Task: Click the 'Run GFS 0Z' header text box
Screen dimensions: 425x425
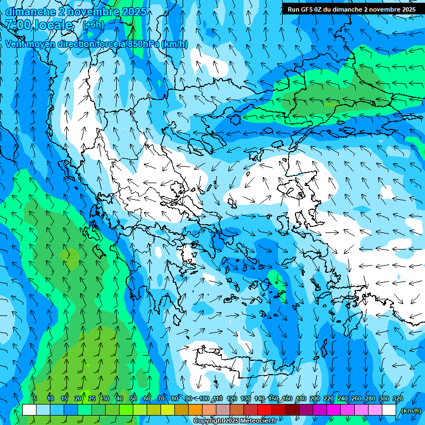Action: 351,9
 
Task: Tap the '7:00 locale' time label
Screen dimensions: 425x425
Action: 39,25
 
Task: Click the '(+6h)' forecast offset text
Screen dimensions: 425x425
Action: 93,24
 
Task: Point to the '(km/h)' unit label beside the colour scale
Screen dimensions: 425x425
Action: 410,411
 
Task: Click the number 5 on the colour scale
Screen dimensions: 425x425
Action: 34,398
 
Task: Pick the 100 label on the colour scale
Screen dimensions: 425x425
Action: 204,398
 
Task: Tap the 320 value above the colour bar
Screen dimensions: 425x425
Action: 397,398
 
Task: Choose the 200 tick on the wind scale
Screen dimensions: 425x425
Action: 314,398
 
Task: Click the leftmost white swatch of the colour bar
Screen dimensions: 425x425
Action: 29,410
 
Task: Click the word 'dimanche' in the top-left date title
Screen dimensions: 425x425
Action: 30,12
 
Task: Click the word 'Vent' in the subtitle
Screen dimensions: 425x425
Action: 17,44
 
